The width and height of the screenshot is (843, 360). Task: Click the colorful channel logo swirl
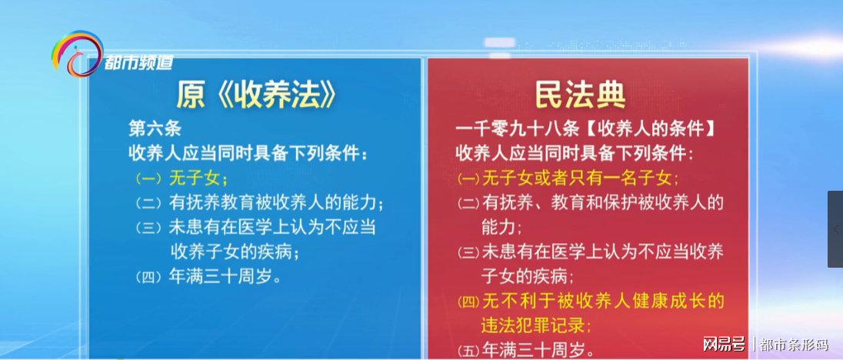coord(76,54)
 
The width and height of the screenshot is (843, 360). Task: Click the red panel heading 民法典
coord(581,95)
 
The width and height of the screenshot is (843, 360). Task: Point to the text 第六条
coord(155,127)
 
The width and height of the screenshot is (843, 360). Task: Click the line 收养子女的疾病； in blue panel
coord(234,252)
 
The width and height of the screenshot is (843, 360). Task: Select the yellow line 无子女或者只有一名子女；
coord(581,178)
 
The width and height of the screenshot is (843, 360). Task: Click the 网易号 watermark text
coord(724,343)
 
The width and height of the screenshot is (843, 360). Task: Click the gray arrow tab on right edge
coord(835,229)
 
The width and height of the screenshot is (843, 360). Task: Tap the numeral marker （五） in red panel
coord(468,349)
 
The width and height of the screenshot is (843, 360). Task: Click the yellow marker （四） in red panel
coord(468,301)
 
